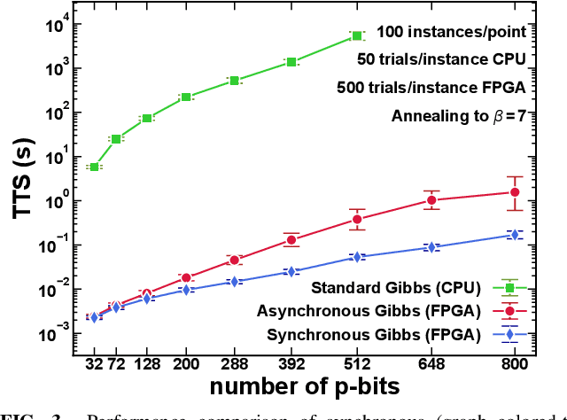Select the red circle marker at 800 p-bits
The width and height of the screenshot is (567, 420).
(x=514, y=192)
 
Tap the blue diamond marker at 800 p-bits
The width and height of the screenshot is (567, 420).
(x=514, y=235)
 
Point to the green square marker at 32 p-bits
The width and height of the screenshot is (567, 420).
(x=94, y=167)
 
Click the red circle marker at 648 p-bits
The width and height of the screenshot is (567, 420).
(x=431, y=200)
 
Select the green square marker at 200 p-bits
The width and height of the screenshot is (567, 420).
(x=186, y=97)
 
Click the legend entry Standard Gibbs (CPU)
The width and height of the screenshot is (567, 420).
(x=400, y=287)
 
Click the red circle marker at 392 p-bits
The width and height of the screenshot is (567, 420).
(x=291, y=240)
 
